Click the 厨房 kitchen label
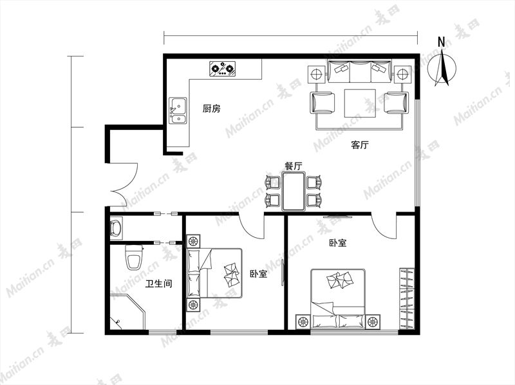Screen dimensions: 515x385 [x=211, y=109]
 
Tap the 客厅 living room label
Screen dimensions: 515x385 [x=360, y=145]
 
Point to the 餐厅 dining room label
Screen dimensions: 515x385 [x=294, y=166]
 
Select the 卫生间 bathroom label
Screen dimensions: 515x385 [x=159, y=283]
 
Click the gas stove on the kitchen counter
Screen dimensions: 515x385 [x=223, y=69]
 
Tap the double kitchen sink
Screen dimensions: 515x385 [x=178, y=111]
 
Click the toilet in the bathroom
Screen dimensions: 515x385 [x=134, y=257]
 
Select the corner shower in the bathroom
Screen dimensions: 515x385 [x=127, y=312]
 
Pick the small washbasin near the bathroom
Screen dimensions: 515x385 [x=116, y=228]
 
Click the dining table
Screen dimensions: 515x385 [x=294, y=191]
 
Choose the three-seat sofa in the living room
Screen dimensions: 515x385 [x=360, y=71]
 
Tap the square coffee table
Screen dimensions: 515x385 [x=360, y=103]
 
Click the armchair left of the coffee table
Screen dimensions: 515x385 [x=323, y=103]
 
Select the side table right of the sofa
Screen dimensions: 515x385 [x=402, y=75]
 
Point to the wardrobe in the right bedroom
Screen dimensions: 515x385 [x=407, y=298]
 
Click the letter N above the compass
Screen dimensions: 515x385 [x=442, y=42]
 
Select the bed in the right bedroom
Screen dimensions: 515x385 [x=338, y=298]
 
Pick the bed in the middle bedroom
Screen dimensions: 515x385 [x=215, y=273]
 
